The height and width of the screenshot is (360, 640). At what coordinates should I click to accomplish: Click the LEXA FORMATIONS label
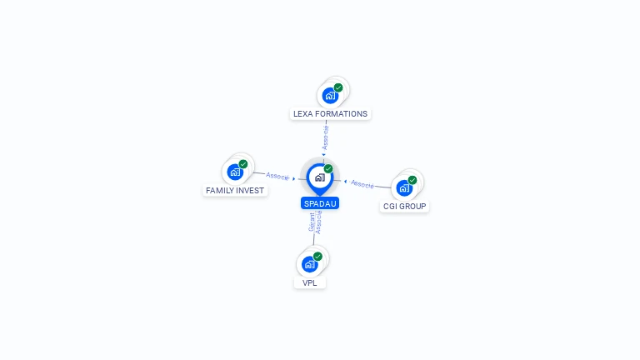(x=330, y=113)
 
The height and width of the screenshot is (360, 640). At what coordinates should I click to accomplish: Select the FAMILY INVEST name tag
(x=235, y=190)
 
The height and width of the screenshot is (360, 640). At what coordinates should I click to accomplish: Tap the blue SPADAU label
(x=320, y=203)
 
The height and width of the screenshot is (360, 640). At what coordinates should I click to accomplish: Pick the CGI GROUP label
(x=404, y=206)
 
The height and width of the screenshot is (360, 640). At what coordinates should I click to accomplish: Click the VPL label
(x=310, y=282)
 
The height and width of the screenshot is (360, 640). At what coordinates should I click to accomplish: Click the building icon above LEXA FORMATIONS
(x=330, y=96)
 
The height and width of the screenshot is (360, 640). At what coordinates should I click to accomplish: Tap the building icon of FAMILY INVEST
(x=235, y=172)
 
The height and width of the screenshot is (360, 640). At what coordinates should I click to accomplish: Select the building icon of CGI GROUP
(x=404, y=187)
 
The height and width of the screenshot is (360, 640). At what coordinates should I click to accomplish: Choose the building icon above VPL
(x=310, y=264)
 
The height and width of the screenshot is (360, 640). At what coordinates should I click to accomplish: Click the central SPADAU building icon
(x=319, y=177)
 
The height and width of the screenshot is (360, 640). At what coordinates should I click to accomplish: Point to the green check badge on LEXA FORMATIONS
(x=338, y=87)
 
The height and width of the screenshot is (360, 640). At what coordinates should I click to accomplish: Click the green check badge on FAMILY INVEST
(x=243, y=164)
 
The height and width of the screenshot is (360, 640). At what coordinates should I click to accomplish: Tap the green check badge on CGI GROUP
(x=412, y=180)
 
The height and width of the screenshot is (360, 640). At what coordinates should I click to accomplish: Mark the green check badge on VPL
(x=317, y=257)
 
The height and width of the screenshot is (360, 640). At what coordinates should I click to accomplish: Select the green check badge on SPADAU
(x=328, y=168)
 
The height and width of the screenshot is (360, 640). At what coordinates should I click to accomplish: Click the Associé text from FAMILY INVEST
(x=277, y=176)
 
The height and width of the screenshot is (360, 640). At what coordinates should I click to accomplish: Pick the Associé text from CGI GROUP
(x=362, y=183)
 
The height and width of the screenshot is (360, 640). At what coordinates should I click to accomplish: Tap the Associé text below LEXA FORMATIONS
(x=326, y=137)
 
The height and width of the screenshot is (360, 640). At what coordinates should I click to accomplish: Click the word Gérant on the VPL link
(x=312, y=223)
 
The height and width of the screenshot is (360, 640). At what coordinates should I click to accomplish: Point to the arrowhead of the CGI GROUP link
(x=345, y=180)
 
